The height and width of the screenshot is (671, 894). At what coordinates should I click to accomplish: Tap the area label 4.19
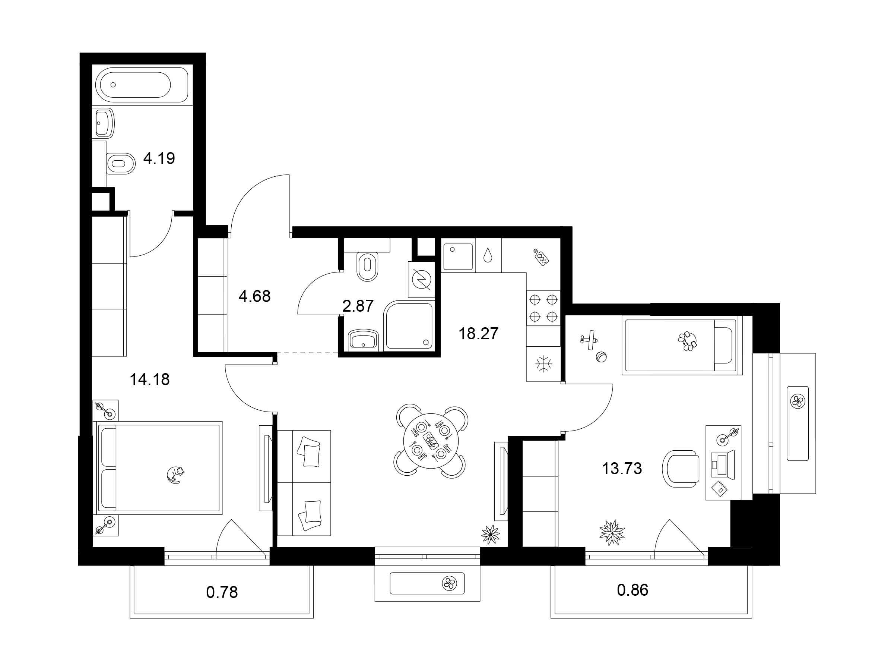[x=159, y=158]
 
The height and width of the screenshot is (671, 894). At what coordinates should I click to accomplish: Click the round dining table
[x=431, y=441]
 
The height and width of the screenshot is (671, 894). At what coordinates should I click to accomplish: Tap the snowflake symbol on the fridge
[x=543, y=364]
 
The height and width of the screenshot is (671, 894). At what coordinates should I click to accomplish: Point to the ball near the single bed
[x=601, y=357]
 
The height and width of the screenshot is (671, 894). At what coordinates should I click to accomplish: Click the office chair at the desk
[x=681, y=469]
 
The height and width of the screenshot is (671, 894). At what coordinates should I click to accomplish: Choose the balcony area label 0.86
[x=633, y=590]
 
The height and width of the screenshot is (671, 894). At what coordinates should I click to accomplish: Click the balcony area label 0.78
[x=222, y=593]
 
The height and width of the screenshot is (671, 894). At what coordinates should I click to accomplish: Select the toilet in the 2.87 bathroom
[x=367, y=266]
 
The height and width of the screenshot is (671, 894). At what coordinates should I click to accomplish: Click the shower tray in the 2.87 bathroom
[x=409, y=325]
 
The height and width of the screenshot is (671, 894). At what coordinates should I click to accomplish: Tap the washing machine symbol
[x=422, y=280]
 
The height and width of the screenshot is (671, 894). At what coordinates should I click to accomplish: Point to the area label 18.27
[x=479, y=334]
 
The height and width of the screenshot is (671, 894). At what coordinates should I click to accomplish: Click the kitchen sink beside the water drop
[x=458, y=256]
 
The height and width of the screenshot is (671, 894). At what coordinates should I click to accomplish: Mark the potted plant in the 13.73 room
[x=612, y=532]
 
